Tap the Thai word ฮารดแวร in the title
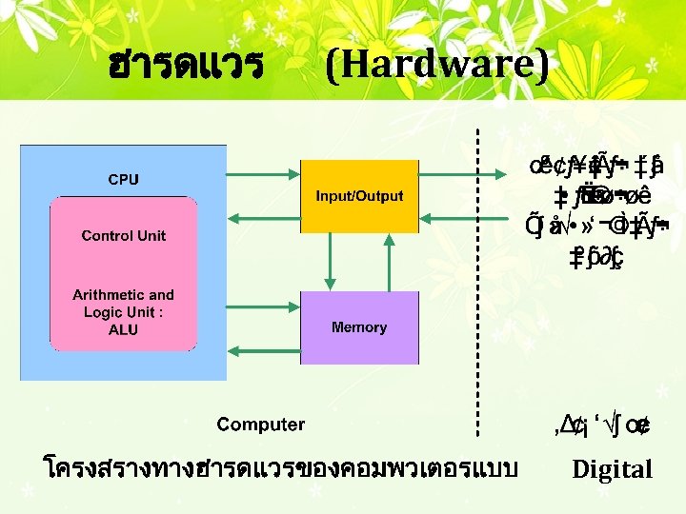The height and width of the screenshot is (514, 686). (186, 66)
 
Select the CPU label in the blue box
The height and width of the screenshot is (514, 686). (123, 178)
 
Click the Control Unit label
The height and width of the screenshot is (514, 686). (123, 235)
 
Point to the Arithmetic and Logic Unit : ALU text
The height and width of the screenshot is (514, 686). (123, 311)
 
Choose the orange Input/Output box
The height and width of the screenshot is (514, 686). (359, 196)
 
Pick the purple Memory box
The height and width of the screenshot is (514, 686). (359, 326)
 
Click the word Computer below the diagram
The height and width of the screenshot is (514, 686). (260, 425)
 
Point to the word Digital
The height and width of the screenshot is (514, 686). (612, 469)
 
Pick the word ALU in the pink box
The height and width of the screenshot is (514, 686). (123, 329)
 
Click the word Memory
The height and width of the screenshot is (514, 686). (359, 327)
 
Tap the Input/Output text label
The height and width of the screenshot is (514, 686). (359, 197)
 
